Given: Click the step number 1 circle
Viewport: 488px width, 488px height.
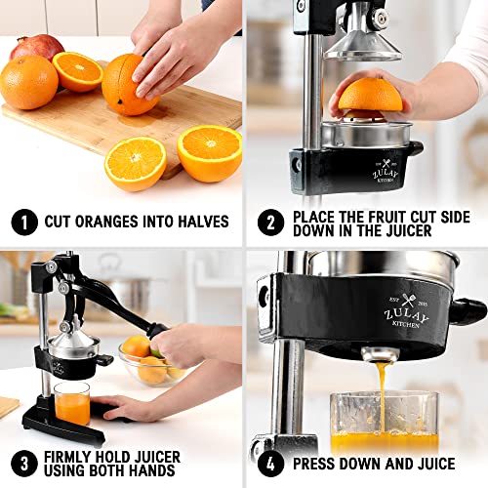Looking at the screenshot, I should pyautogui.click(x=24, y=222).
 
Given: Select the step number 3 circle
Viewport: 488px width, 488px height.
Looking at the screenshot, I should pyautogui.click(x=24, y=463).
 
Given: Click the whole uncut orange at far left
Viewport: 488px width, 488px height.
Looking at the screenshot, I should pyautogui.click(x=26, y=83).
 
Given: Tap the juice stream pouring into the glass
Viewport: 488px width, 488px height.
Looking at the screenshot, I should pyautogui.click(x=376, y=390).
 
